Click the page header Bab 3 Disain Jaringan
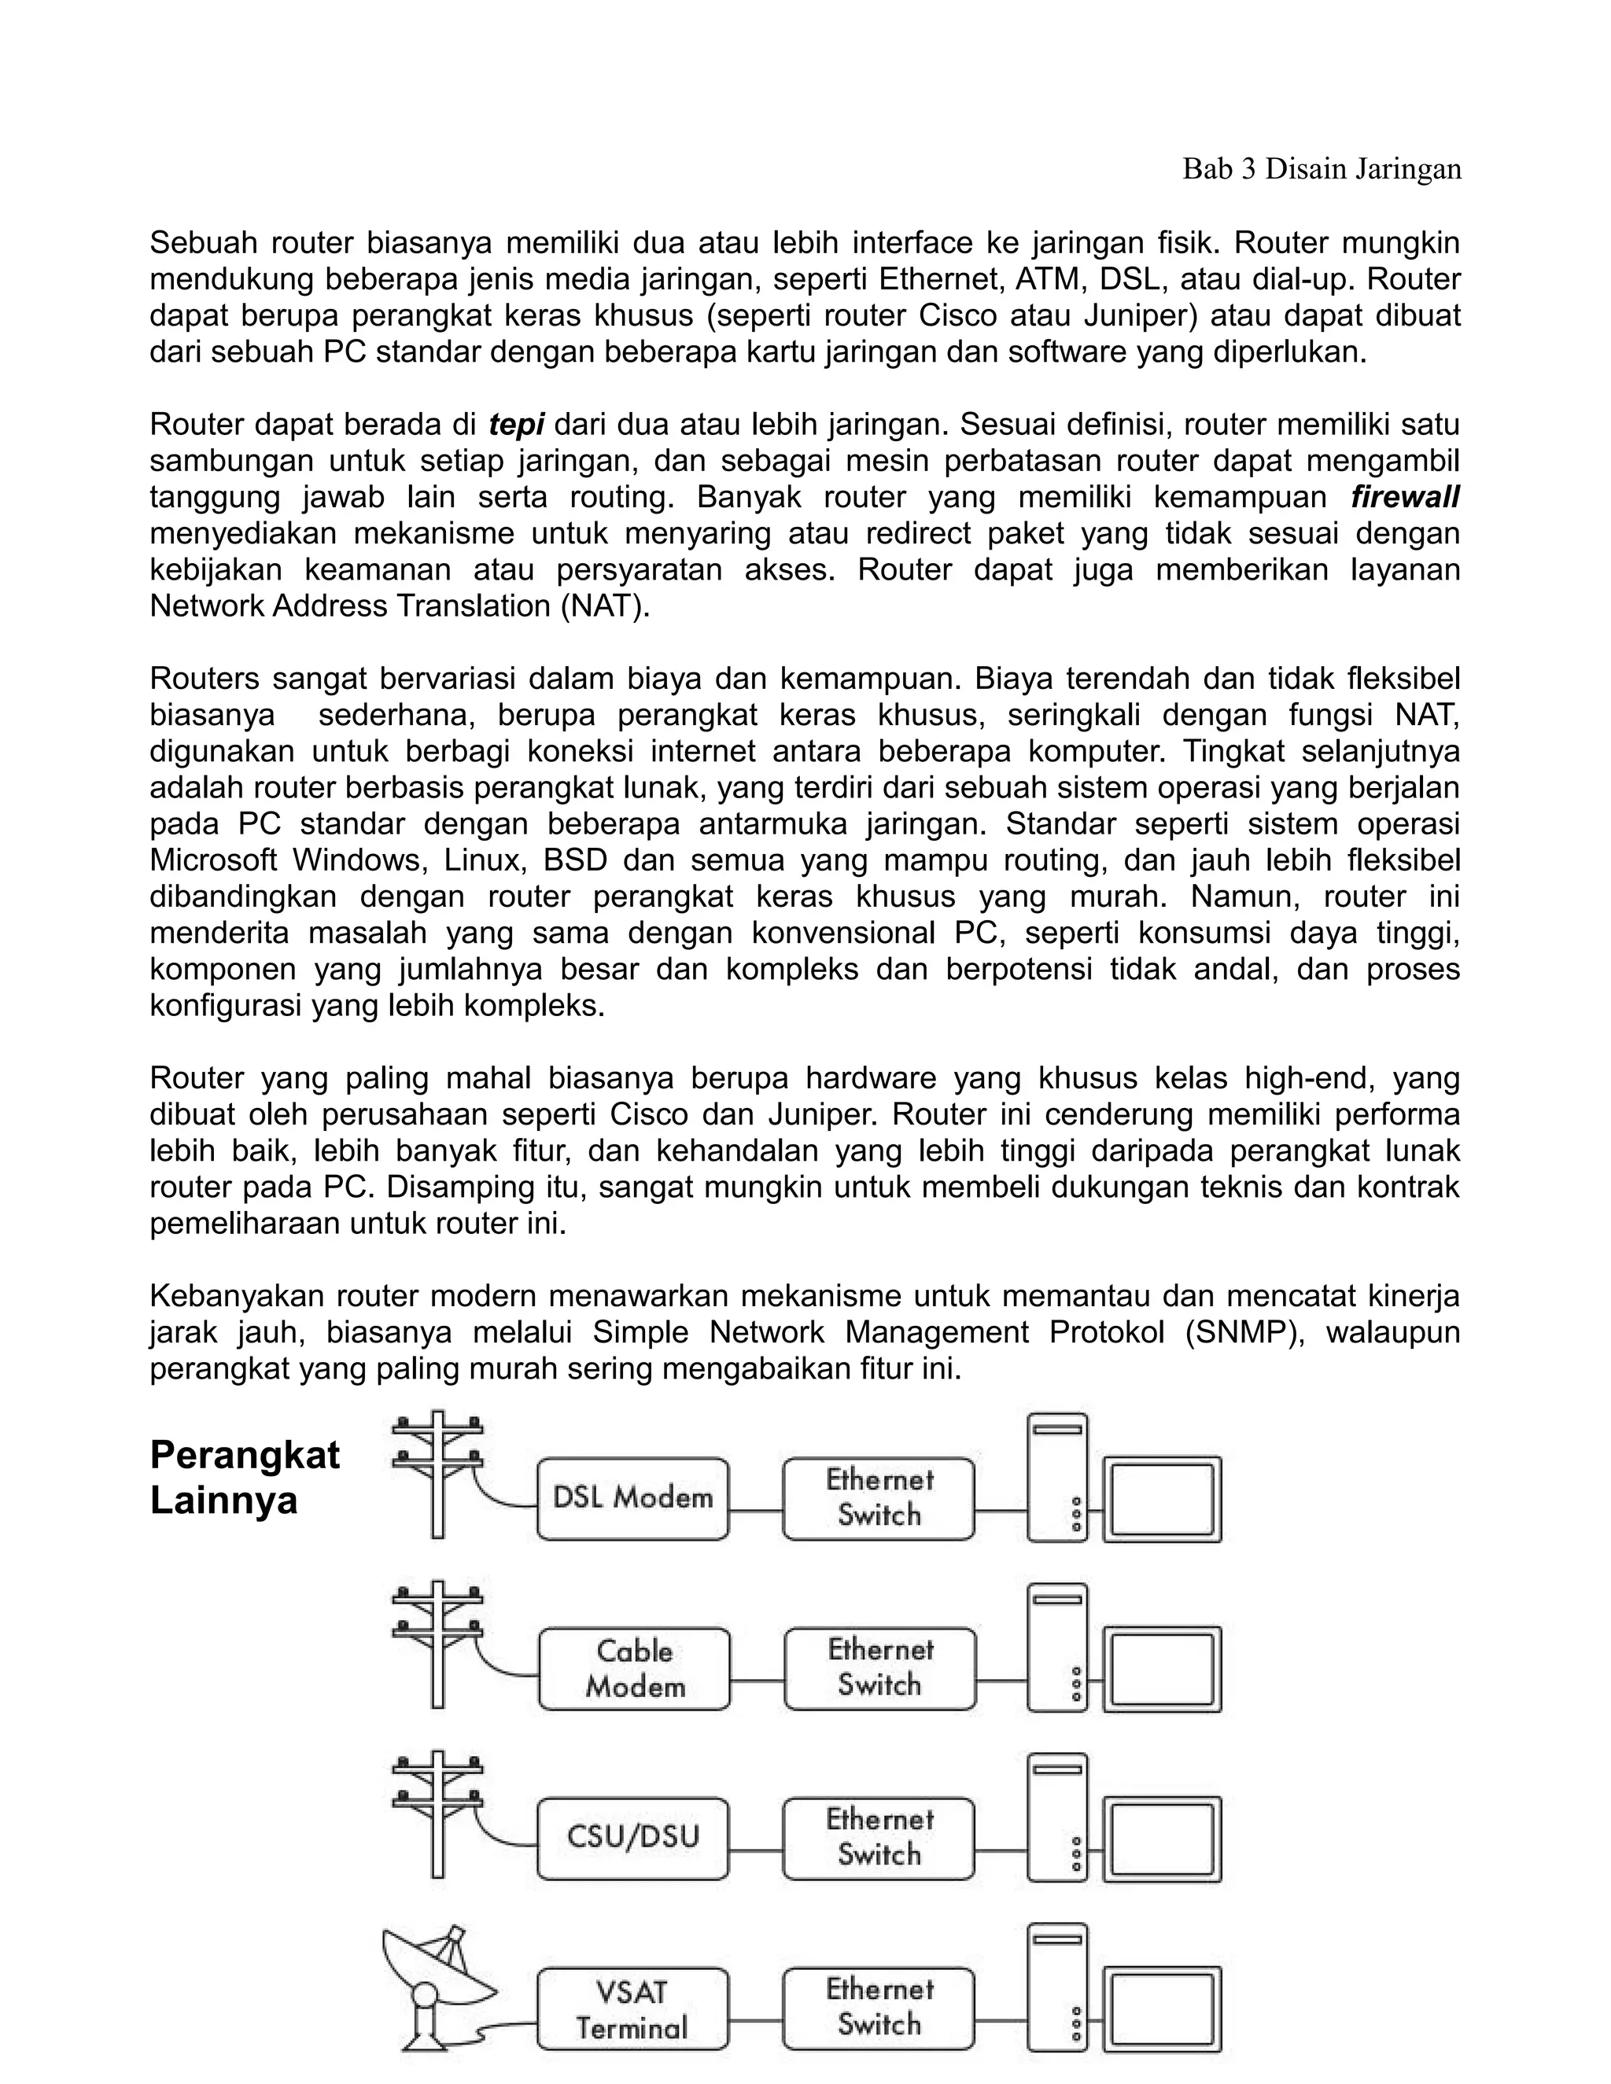click(x=1321, y=169)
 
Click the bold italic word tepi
click(x=515, y=424)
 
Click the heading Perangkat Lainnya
click(x=245, y=1477)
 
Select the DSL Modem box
click(x=632, y=1497)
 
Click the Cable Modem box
click(x=635, y=1668)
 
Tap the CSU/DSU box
click(x=632, y=1837)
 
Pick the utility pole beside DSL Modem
click(x=438, y=1475)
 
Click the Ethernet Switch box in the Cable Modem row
click(x=880, y=1668)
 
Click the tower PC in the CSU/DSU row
click(x=1057, y=1817)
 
